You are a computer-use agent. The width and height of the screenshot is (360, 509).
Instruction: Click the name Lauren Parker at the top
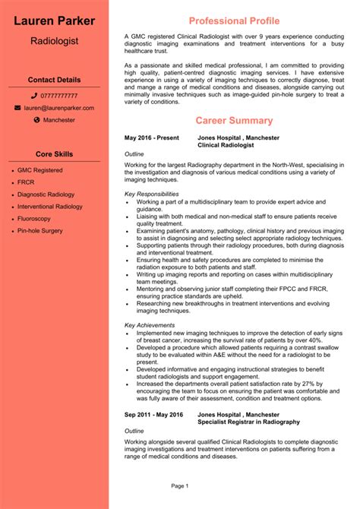(54, 21)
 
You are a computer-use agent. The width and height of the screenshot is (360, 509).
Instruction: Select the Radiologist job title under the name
(54, 40)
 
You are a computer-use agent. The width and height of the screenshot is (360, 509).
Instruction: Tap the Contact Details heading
(54, 79)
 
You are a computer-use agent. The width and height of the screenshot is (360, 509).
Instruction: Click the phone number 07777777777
(58, 96)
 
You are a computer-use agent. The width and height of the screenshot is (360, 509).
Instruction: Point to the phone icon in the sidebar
(35, 96)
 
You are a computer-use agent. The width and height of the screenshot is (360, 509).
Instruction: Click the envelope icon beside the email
(18, 108)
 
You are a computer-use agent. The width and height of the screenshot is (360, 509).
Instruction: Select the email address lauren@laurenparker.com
(58, 108)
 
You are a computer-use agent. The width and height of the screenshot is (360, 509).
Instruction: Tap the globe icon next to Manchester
(36, 120)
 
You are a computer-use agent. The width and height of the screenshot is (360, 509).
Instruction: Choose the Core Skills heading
(54, 154)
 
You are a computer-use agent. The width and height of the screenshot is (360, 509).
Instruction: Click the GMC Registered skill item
(40, 170)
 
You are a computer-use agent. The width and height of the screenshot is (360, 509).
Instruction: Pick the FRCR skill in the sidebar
(26, 182)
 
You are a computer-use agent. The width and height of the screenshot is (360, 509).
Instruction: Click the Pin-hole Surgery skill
(40, 230)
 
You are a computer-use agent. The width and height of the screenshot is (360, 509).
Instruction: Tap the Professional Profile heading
(234, 20)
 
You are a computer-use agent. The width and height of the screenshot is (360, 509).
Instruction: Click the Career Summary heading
(234, 120)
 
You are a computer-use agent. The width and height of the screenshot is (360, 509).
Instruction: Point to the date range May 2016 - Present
(152, 138)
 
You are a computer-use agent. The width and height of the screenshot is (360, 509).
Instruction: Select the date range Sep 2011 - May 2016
(154, 415)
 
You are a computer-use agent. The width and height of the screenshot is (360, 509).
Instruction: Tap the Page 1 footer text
(180, 485)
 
